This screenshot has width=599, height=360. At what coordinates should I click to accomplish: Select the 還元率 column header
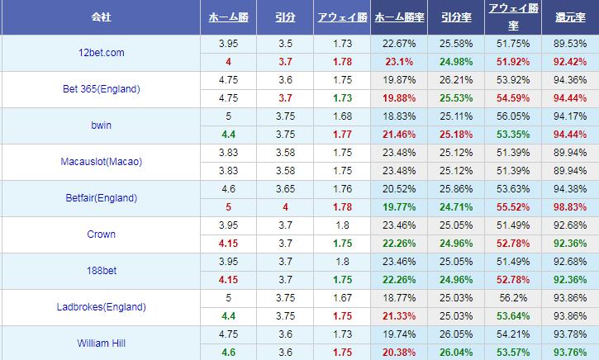pos(571,17)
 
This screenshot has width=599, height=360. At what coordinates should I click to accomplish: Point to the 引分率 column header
pos(457,17)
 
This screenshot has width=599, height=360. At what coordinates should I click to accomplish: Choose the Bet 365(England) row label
pos(100,89)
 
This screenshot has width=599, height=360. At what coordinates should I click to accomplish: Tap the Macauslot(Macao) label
pos(102,162)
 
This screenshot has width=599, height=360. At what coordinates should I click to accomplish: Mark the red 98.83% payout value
pos(571,207)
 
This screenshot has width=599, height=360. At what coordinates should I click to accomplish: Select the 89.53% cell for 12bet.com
pos(571,43)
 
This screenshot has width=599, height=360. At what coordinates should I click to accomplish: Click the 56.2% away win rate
pos(515,298)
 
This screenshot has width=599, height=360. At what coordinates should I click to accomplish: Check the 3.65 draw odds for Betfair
pos(285,189)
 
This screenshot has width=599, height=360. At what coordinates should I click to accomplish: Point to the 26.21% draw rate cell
pos(457,80)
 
